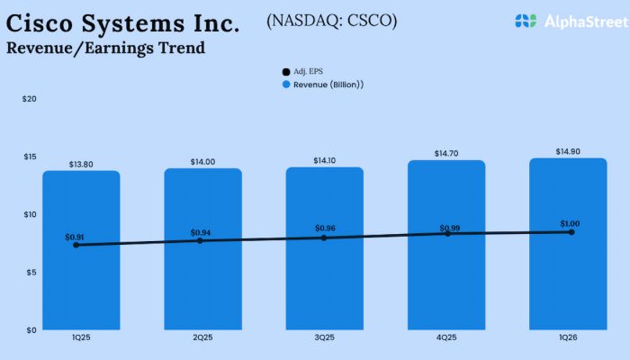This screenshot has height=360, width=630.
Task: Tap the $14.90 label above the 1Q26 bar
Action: (x=568, y=151)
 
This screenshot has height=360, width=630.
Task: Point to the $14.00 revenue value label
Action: (x=202, y=161)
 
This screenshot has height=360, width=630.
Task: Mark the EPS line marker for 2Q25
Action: (x=201, y=240)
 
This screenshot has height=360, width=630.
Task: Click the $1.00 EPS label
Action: (x=568, y=224)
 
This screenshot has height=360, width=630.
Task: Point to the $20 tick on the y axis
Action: (x=29, y=99)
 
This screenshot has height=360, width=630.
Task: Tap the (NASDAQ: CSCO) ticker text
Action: (x=331, y=19)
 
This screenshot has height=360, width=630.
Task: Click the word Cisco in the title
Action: (x=45, y=23)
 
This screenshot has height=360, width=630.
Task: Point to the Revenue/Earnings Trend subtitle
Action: (x=105, y=48)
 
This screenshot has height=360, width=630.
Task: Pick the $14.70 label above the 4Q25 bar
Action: (x=446, y=154)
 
